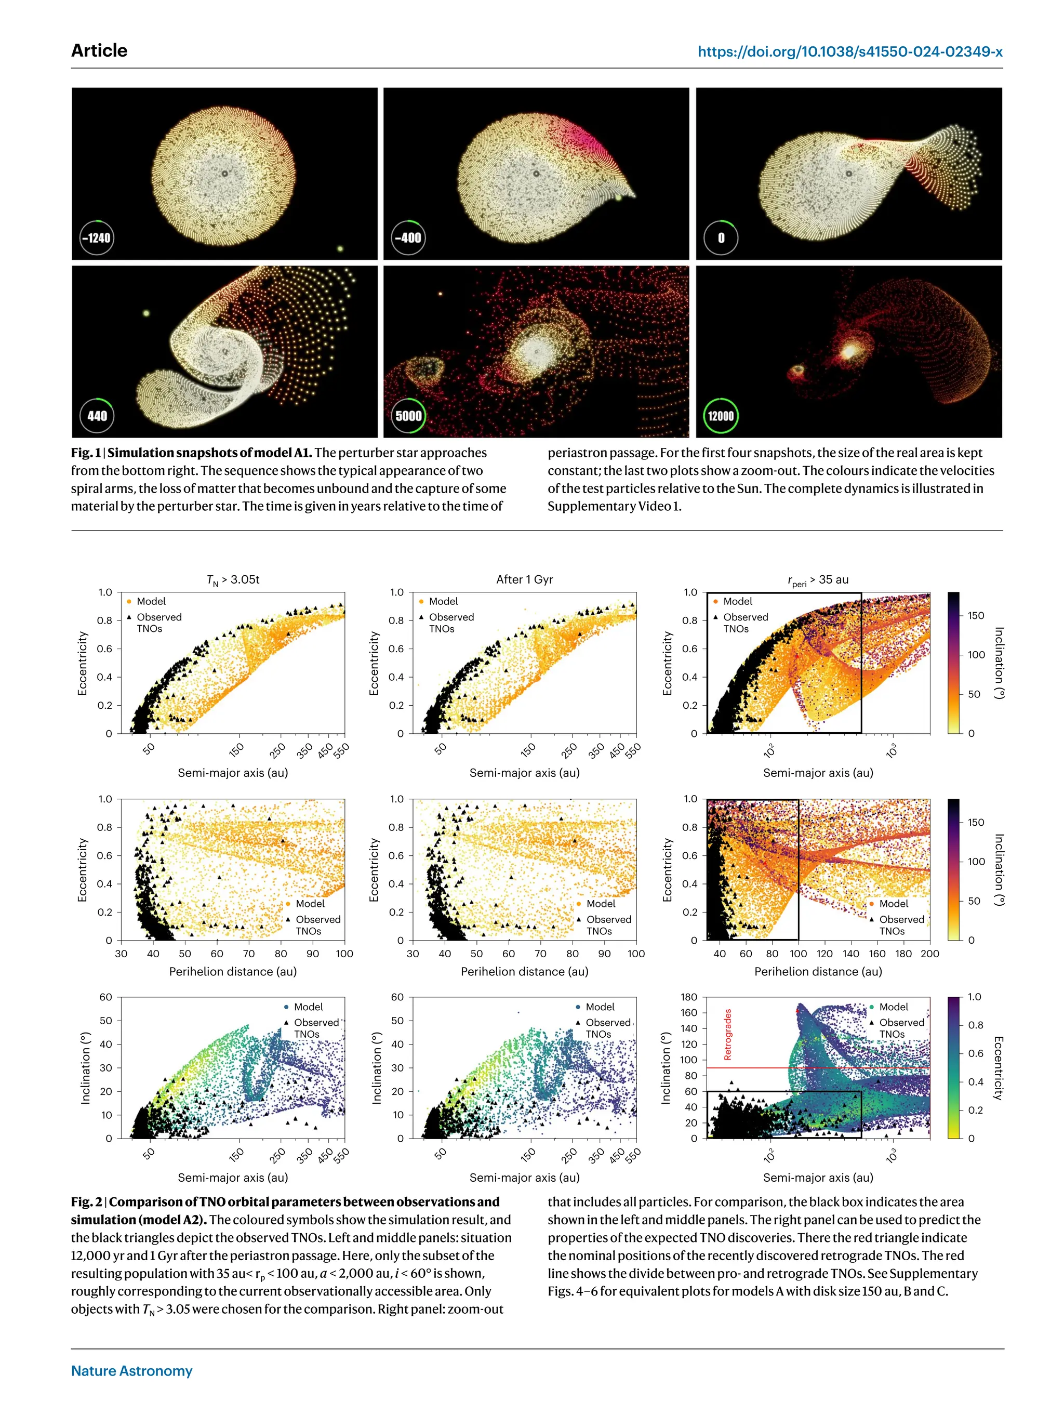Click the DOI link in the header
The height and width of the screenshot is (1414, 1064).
coord(849,52)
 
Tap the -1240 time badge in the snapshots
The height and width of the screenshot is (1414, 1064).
coord(97,238)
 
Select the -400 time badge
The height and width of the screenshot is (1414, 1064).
coord(408,238)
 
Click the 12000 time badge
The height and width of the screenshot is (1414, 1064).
coord(720,416)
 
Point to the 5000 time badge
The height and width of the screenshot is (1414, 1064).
coord(408,416)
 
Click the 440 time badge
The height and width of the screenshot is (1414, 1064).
coord(97,416)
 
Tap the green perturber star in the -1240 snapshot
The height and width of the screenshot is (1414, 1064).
coord(340,249)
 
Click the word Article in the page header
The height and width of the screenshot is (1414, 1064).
coord(99,50)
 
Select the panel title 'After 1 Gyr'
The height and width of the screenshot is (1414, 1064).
coord(524,579)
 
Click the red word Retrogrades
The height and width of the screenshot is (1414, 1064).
coord(727,1034)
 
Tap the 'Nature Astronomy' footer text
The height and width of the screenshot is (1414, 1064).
coord(131,1370)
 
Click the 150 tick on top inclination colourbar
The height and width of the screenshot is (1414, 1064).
coord(976,616)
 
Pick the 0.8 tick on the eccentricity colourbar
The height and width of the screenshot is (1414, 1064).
coord(975,1025)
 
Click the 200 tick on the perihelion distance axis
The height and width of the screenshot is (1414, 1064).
coord(929,953)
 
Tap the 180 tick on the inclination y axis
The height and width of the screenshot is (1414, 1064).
coord(689,997)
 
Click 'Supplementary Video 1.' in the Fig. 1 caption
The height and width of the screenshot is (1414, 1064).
coord(614,506)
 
